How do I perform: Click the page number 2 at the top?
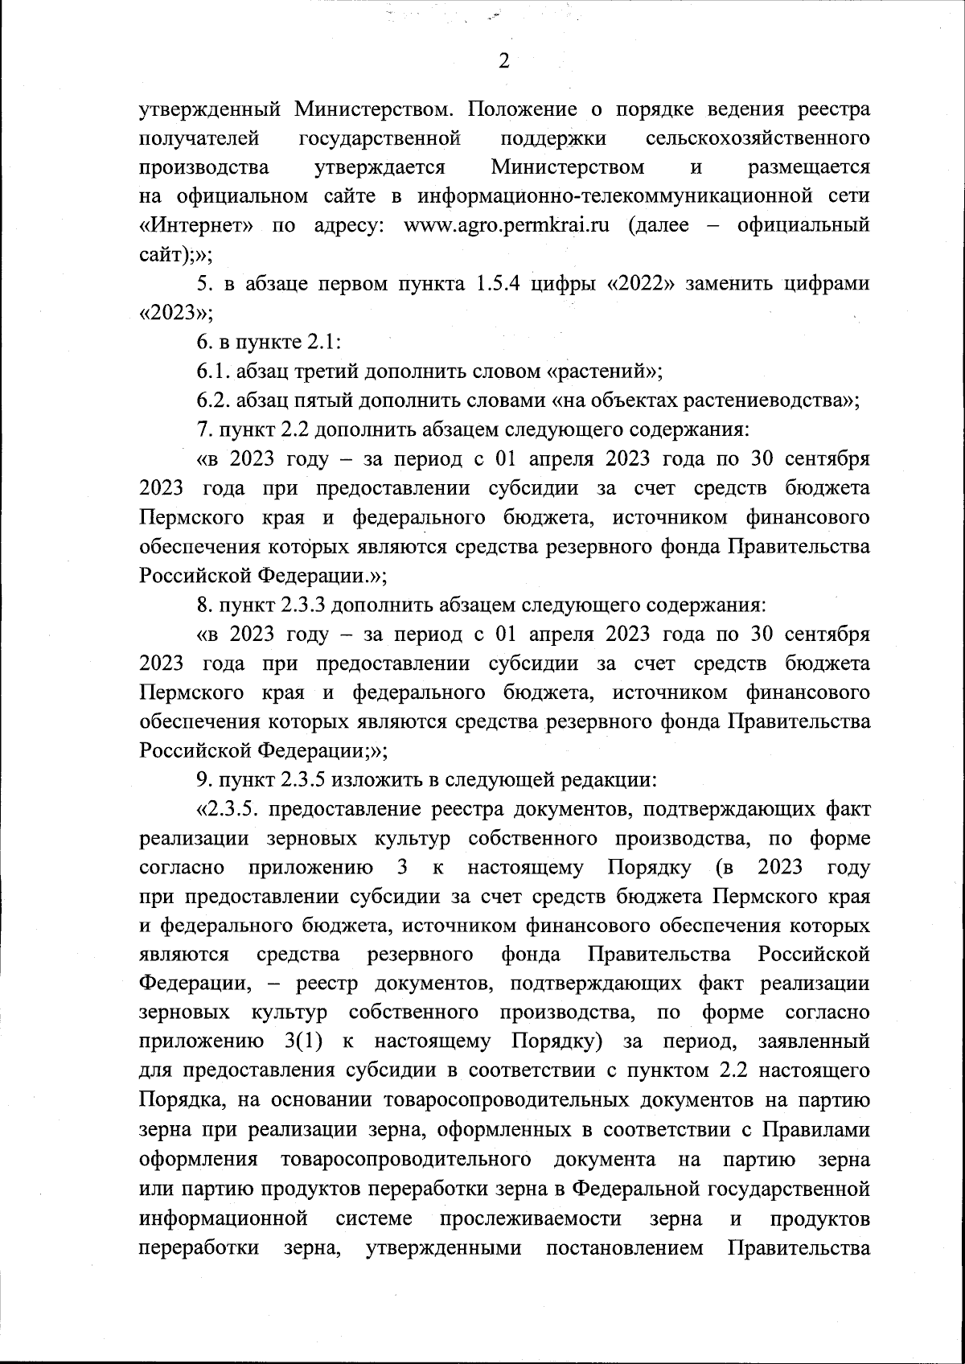(x=504, y=62)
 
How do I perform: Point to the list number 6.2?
(x=214, y=401)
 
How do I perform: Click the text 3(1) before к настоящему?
(x=304, y=1041)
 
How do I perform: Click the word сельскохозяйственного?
(x=758, y=138)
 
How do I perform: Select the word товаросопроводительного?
(x=405, y=1159)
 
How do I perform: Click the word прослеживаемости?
(x=531, y=1218)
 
